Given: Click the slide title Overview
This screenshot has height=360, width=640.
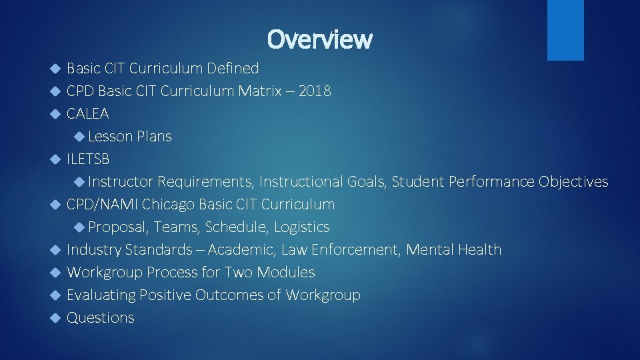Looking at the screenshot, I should coord(319,39).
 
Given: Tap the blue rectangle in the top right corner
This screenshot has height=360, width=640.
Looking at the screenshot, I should coord(565,29).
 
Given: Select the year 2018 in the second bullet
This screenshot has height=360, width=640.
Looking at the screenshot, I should coord(315,91).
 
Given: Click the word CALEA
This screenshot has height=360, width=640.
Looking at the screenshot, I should coord(88,114).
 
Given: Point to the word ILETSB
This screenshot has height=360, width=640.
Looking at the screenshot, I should coord(88,159).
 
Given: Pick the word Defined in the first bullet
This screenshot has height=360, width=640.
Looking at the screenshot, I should coord(233,69).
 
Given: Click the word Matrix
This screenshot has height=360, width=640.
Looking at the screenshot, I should coord(259,91).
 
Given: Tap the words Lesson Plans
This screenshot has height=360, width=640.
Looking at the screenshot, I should coord(129,137).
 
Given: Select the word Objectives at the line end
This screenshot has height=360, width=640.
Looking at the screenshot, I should coord(573,182).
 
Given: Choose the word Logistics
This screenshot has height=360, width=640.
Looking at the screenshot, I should coord(301,227).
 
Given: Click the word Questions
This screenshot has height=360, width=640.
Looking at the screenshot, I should coord(101,318).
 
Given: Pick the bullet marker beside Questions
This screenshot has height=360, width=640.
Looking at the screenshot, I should coord(56,318).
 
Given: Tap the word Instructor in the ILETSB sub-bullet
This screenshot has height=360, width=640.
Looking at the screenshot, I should coord(121,182).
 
